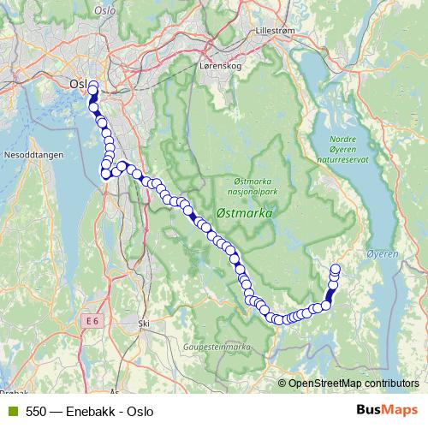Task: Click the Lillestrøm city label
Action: pyautogui.click(x=276, y=30)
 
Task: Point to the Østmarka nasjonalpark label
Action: pyautogui.click(x=259, y=187)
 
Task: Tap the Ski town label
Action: pyautogui.click(x=143, y=324)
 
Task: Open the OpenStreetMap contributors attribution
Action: pyautogui.click(x=354, y=383)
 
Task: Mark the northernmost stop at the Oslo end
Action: pyautogui.click(x=92, y=85)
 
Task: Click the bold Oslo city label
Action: pyautogui.click(x=78, y=85)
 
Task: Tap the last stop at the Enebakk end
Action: pyautogui.click(x=335, y=269)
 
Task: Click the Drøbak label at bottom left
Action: pyautogui.click(x=13, y=393)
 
